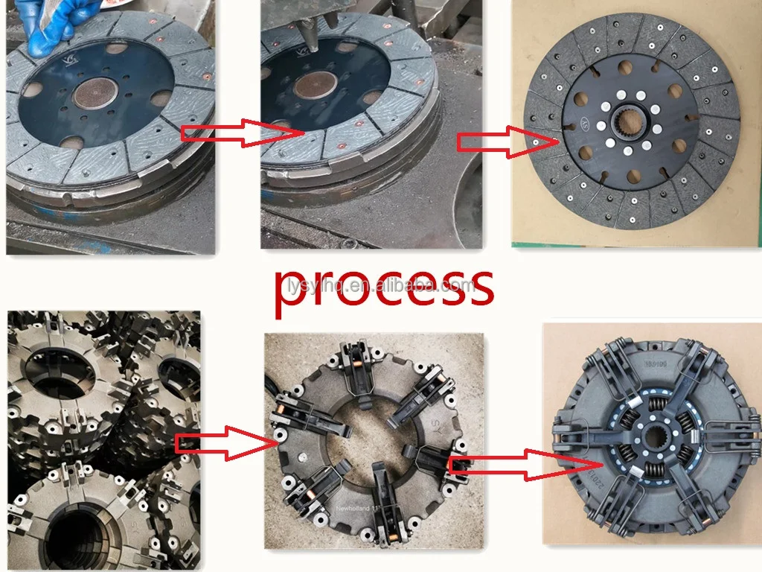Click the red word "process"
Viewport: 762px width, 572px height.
pyautogui.click(x=383, y=287)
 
